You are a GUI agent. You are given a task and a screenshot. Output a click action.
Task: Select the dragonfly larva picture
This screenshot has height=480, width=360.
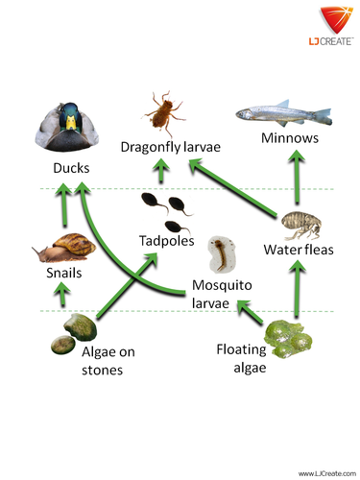click(x=165, y=110)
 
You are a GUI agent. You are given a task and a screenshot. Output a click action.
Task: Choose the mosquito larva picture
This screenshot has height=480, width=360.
click(x=222, y=255)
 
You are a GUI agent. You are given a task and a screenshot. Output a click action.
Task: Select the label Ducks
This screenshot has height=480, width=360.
click(x=72, y=169)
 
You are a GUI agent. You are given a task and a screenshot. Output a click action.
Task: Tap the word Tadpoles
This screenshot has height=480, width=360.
click(x=165, y=240)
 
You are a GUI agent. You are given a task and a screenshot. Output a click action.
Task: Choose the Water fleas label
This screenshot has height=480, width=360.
click(x=297, y=252)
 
